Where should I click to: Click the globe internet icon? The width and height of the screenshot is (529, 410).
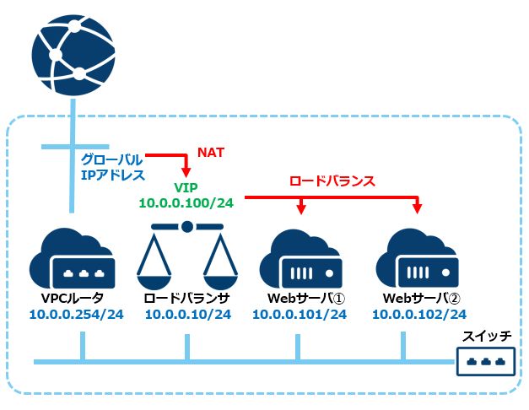point(73,55)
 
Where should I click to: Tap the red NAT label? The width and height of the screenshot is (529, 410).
point(211,153)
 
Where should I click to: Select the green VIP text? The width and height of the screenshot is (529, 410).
point(186,187)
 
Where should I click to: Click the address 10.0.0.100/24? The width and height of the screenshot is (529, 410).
point(186,202)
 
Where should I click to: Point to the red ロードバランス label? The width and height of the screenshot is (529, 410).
point(332,181)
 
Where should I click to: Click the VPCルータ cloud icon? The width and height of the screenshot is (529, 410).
point(73,259)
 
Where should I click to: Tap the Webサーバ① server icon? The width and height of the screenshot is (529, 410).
point(300,259)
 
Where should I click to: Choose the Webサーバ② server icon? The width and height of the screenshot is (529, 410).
point(417,259)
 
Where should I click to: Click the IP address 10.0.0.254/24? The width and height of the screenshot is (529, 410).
point(77,315)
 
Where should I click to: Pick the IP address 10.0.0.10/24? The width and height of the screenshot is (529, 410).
point(188,315)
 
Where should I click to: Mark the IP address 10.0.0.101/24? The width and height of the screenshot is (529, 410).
point(300,315)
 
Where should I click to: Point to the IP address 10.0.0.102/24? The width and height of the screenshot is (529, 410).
point(419,315)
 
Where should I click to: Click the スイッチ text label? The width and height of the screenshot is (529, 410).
point(487,336)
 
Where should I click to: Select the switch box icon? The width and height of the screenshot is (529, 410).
point(486,361)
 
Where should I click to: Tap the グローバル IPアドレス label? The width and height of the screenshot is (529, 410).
point(113,167)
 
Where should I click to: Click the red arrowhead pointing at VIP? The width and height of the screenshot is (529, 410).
point(186,172)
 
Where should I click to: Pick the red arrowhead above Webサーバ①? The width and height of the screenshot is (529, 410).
point(301,209)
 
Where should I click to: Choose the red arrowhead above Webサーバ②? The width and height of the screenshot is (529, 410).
point(418,209)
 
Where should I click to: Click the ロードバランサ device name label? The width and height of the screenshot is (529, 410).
point(187,298)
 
